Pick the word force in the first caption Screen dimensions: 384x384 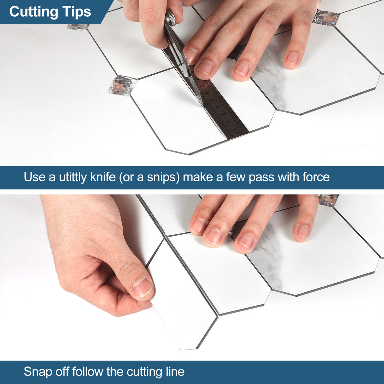pyautogui.click(x=314, y=177)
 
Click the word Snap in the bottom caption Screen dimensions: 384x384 pyautogui.click(x=37, y=372)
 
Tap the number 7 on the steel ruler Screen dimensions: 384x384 pyautogui.click(x=203, y=86)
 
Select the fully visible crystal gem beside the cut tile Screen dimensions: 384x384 pyautogui.click(x=122, y=86)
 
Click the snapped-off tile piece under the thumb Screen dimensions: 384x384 pyautogui.click(x=178, y=313)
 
